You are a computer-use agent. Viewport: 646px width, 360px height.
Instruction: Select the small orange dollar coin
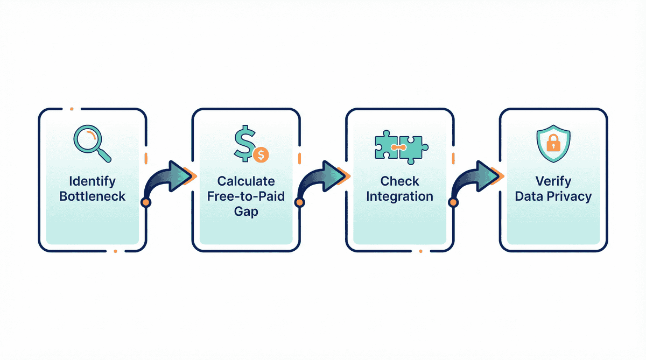(x=261, y=155)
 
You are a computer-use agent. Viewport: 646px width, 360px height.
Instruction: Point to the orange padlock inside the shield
(x=552, y=144)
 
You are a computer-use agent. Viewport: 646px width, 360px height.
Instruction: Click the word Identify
(x=92, y=181)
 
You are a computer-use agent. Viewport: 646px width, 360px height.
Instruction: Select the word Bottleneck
(x=92, y=196)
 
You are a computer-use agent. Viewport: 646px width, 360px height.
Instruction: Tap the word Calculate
(x=245, y=181)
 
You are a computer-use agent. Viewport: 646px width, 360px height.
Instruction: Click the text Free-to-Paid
(x=245, y=196)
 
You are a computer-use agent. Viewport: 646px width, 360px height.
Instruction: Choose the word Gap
(x=245, y=211)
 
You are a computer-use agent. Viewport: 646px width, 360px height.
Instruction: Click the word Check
(x=399, y=181)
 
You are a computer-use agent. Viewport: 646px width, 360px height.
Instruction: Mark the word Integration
(x=399, y=196)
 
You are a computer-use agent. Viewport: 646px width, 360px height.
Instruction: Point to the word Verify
(x=553, y=181)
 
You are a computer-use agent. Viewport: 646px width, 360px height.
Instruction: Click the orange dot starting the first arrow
(x=145, y=202)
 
